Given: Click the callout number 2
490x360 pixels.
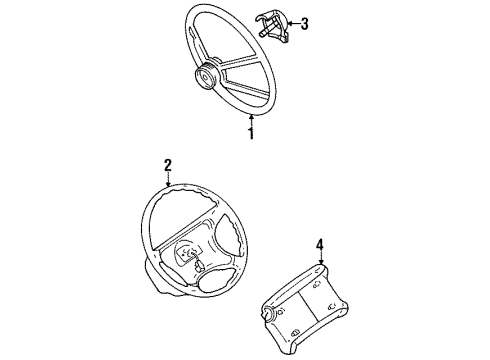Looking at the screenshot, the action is pyautogui.click(x=169, y=166).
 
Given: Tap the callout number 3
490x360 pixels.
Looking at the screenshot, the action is pyautogui.click(x=304, y=24).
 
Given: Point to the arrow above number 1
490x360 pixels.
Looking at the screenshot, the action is pyautogui.click(x=251, y=118).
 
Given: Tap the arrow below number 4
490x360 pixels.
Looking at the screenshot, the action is pyautogui.click(x=319, y=258).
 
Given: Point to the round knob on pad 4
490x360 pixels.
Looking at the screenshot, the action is pyautogui.click(x=271, y=318).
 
